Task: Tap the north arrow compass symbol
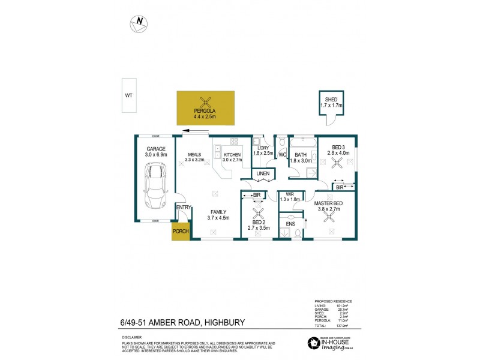[139, 22]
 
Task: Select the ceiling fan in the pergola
[206, 102]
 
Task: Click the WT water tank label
[128, 95]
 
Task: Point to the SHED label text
[331, 100]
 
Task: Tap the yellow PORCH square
[181, 231]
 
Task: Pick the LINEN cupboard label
[263, 174]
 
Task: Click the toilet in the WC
[281, 142]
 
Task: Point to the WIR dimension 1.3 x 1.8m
[289, 200]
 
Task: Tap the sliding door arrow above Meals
[194, 131]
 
